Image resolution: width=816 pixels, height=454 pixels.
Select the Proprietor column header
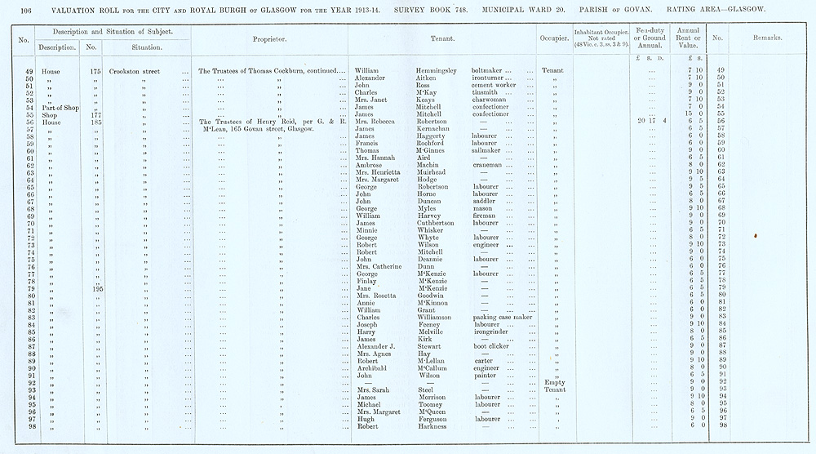268,38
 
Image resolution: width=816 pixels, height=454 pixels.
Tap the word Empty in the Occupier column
552,382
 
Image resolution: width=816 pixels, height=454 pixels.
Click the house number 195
97,288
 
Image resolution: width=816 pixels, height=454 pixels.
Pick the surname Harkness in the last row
436,426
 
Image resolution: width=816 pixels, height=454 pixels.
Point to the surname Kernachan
439,129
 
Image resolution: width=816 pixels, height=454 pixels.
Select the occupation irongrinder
494,332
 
